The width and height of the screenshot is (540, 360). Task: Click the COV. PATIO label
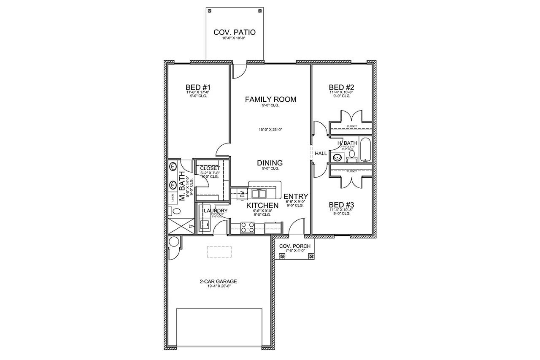point(235,32)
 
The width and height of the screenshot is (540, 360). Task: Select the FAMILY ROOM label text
point(270,100)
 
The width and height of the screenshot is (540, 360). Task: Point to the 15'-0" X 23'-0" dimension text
point(270,130)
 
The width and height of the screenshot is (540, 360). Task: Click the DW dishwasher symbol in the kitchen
point(243,193)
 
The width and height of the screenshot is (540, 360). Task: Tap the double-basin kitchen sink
point(259,194)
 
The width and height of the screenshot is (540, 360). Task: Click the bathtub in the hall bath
point(365,149)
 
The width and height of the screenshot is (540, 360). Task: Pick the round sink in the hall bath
point(337,158)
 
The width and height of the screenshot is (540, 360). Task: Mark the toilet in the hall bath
point(351,158)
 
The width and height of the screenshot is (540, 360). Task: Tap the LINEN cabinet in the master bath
point(173,198)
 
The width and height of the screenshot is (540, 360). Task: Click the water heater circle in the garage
point(173,241)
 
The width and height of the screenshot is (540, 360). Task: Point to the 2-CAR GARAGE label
point(219,281)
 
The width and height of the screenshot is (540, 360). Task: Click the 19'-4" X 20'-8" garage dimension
point(219,286)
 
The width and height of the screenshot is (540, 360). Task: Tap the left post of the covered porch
point(282,255)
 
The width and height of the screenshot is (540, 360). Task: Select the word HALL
point(321,154)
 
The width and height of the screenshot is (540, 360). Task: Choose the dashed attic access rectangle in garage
point(219,252)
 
